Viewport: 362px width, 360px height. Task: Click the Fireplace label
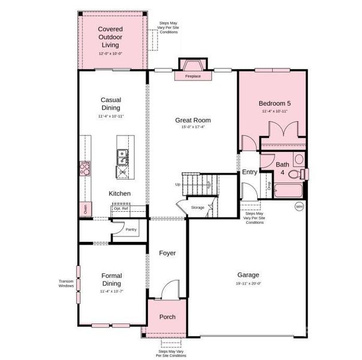[x=192, y=76]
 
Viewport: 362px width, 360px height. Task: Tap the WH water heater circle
[x=298, y=206]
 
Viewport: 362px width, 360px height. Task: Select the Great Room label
[x=192, y=120]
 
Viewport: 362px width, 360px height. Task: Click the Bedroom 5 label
[x=274, y=103]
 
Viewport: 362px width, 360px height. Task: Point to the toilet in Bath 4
[x=294, y=175]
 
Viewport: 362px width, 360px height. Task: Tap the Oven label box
[x=85, y=209]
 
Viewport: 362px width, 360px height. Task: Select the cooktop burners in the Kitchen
[x=85, y=168]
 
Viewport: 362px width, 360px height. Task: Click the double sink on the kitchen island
[x=122, y=157]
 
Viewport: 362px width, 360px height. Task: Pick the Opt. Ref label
[x=122, y=208]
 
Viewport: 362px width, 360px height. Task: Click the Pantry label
[x=131, y=229]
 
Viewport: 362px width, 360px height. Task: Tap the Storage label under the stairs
[x=197, y=208]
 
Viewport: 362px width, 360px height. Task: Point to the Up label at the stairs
[x=178, y=184]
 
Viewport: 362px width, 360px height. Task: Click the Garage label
[x=248, y=274]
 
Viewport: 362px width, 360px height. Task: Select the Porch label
[x=167, y=317]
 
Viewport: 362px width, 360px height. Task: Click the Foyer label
[x=167, y=253]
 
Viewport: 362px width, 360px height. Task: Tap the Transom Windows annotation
[x=66, y=283]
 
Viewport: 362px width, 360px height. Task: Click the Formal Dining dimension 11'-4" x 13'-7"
[x=111, y=292]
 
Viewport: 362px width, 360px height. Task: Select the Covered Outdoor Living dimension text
[x=111, y=54]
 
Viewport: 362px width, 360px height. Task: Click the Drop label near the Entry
[x=269, y=186]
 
